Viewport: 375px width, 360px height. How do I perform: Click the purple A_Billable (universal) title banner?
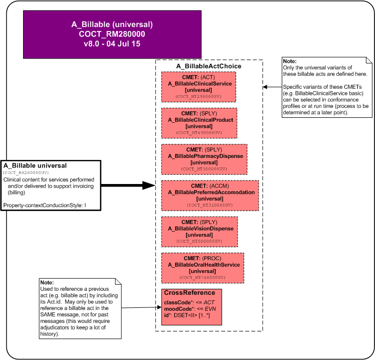[x=112, y=35]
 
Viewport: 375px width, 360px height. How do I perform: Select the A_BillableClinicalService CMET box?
[x=199, y=87]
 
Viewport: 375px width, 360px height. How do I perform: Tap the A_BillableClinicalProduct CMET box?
[x=199, y=123]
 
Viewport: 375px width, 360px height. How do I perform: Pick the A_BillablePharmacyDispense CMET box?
[x=204, y=159]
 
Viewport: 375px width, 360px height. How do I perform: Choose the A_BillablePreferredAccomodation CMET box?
[x=210, y=196]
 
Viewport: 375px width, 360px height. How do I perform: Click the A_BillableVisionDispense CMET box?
[x=200, y=232]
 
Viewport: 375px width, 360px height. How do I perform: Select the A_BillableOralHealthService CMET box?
[x=203, y=268]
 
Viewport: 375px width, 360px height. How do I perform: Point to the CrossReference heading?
[x=190, y=293]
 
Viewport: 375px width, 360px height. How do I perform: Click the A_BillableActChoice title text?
[x=209, y=66]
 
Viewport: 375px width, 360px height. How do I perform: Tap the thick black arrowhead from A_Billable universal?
[x=149, y=186]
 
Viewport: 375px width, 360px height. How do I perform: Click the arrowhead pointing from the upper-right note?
[x=265, y=87]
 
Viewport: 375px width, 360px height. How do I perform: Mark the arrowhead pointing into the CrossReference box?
[x=159, y=307]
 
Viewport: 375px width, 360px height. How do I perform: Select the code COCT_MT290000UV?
[x=199, y=96]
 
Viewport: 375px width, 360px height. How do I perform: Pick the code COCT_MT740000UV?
[x=203, y=277]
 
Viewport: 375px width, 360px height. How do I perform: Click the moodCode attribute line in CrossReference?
[x=190, y=309]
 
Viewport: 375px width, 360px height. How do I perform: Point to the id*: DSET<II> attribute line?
[x=187, y=315]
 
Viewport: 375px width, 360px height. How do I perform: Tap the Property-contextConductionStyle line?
[x=45, y=205]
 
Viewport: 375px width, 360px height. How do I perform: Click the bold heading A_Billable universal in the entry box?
[x=35, y=165]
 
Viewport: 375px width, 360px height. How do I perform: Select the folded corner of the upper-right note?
[x=369, y=60]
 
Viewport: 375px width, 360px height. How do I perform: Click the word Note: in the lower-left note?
[x=47, y=282]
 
